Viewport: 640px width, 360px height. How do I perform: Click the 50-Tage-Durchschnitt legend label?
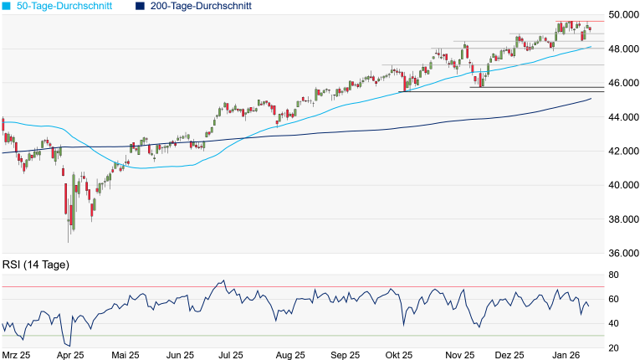coord(67,6)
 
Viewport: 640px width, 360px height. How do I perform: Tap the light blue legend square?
coord(7,6)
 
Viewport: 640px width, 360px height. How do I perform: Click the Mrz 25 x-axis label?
coord(17,354)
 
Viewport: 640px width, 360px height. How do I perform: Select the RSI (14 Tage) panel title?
coord(35,265)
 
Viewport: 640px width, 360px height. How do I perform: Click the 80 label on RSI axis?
coord(613,275)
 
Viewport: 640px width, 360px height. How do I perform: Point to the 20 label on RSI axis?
coord(613,347)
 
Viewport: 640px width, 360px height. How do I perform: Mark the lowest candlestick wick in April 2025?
coord(69,242)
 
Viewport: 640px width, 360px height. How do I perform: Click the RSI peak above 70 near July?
coord(222,280)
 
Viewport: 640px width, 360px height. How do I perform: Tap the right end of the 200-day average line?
coord(591,99)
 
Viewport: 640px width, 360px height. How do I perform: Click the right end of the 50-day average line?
coord(591,47)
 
